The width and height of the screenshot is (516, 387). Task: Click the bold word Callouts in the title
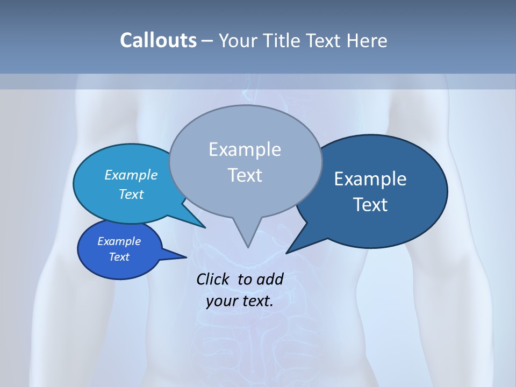[158, 40]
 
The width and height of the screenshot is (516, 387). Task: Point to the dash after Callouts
[208, 41]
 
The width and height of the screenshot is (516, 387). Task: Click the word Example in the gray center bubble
[245, 149]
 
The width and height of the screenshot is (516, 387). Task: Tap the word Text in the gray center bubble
[245, 175]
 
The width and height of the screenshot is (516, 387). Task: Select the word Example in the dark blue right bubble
[370, 179]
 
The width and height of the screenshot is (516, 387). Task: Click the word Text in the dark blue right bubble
[370, 205]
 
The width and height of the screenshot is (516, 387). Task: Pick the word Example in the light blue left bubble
[131, 175]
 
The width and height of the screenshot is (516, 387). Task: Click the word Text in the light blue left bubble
[131, 194]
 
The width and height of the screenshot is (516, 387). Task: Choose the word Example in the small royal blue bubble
[119, 241]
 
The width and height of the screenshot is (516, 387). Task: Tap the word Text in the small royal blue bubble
[119, 257]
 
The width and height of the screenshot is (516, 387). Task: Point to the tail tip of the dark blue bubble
[287, 253]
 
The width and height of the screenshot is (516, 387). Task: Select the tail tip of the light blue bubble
[205, 227]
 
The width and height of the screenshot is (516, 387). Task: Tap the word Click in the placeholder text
[214, 279]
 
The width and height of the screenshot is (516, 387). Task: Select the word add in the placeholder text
[270, 279]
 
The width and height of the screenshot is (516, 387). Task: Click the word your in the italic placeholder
[221, 301]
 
